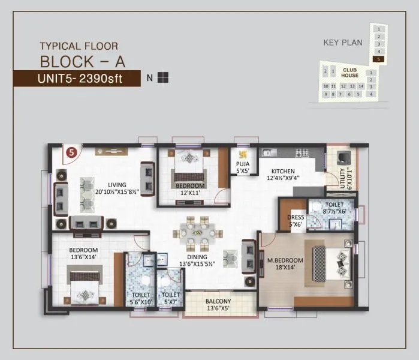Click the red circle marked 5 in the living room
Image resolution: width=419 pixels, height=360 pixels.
pyautogui.click(x=72, y=152)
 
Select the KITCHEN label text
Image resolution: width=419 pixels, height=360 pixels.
pyautogui.click(x=283, y=171)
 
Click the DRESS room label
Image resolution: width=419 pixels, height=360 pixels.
pyautogui.click(x=295, y=217)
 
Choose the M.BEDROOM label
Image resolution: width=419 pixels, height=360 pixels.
pyautogui.click(x=285, y=260)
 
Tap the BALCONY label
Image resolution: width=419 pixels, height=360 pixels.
pyautogui.click(x=218, y=301)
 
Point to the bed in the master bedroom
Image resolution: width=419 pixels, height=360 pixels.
pyautogui.click(x=328, y=263)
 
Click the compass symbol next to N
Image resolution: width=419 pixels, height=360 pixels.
pyautogui.click(x=164, y=77)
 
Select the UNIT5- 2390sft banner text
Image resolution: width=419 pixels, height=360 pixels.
pyautogui.click(x=79, y=78)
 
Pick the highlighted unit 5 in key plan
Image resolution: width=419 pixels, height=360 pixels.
pyautogui.click(x=378, y=59)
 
